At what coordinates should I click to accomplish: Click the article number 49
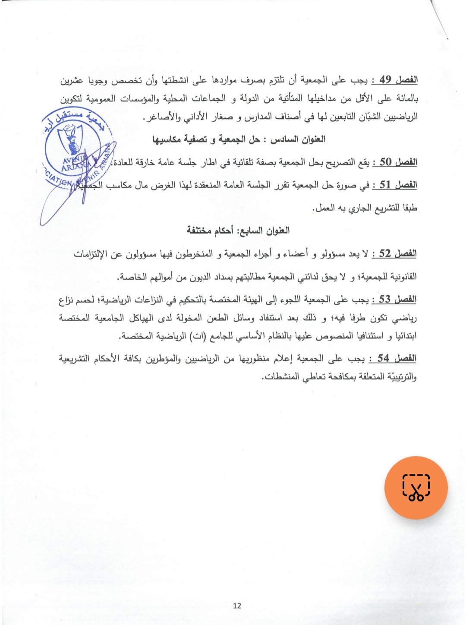385,79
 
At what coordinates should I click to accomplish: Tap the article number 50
385,162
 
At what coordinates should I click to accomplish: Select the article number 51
385,185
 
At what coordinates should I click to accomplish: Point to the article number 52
384,253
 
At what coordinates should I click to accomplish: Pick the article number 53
384,299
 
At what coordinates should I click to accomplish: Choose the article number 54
383,358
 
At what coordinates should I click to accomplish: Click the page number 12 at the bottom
237,606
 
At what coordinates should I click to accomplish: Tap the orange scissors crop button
416,488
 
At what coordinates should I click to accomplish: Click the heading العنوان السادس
298,139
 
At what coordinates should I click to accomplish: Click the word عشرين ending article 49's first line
72,80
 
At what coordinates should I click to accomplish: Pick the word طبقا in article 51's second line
407,208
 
